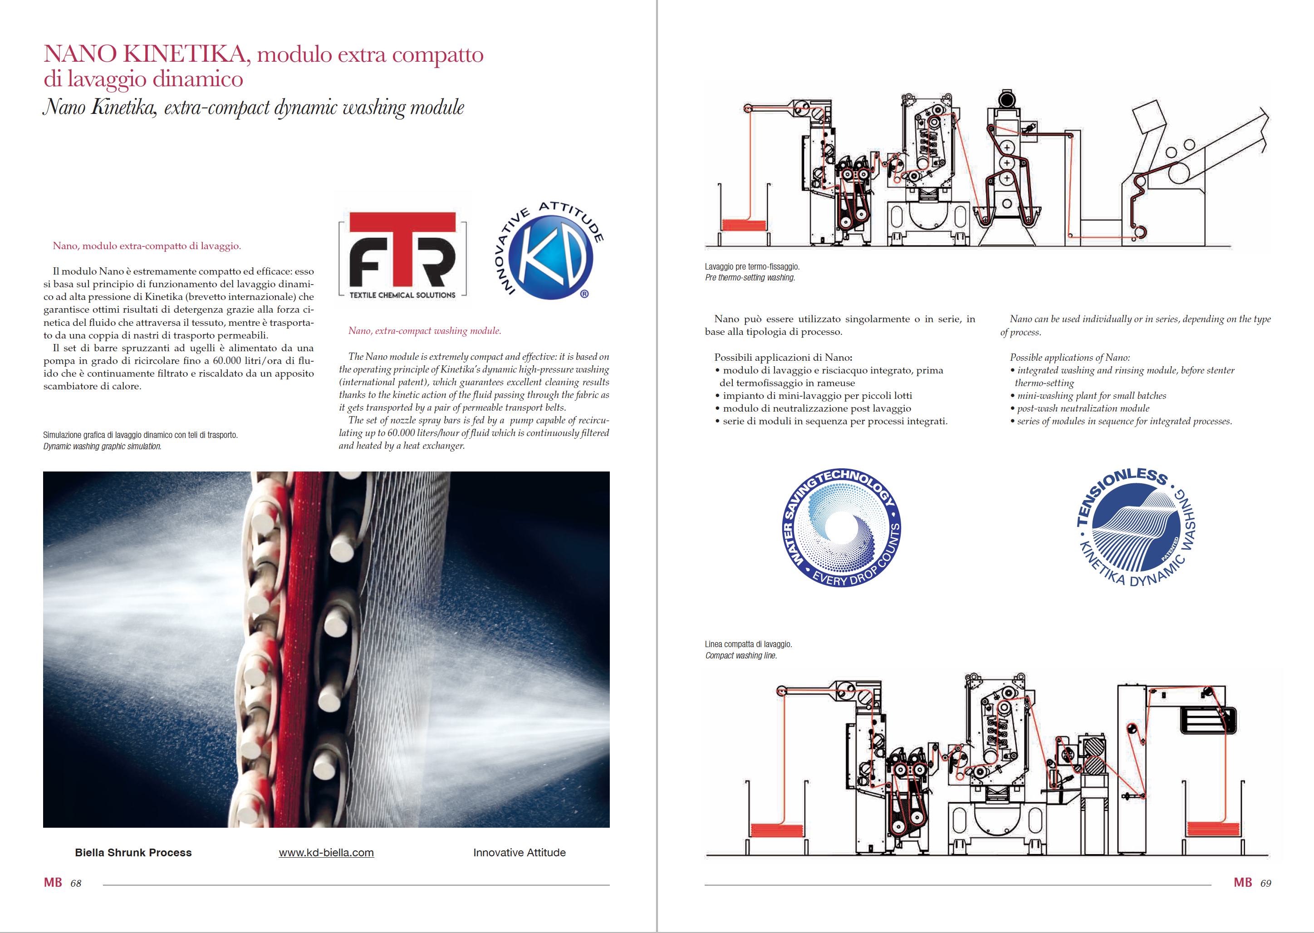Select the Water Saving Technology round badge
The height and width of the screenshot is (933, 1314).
(x=842, y=527)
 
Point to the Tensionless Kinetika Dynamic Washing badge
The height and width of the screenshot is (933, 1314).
(x=1137, y=527)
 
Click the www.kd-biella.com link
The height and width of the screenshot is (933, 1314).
(x=326, y=853)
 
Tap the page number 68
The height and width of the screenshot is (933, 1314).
(x=76, y=884)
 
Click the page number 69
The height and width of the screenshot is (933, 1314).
(x=1266, y=884)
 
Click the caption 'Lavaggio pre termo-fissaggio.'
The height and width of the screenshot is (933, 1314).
(x=752, y=266)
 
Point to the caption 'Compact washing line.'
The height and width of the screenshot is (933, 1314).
(x=741, y=656)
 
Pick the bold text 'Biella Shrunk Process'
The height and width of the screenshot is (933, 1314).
(x=133, y=853)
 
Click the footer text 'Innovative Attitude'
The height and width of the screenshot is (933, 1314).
(x=519, y=853)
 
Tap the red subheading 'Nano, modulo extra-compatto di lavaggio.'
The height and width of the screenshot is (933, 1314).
(x=147, y=246)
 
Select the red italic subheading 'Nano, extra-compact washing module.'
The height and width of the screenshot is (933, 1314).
(x=424, y=331)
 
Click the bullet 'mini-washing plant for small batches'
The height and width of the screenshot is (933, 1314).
(x=1091, y=396)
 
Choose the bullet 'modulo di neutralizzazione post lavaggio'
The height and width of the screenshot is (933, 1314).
(x=817, y=408)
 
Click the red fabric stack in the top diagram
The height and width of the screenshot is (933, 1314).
(x=744, y=225)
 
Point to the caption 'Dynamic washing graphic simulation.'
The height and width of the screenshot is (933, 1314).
(x=102, y=447)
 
